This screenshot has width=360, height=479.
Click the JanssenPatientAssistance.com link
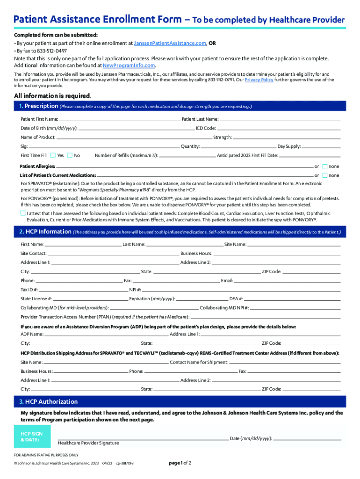pyautogui.click(x=170, y=43)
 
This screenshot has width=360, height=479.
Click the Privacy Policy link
pyautogui.click(x=259, y=80)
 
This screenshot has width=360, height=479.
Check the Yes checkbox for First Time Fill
pyautogui.click(x=53, y=155)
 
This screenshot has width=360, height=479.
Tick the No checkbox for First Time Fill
pyautogui.click(x=70, y=155)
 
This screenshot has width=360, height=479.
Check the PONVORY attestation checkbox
pyautogui.click(x=23, y=213)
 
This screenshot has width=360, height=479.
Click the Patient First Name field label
pyautogui.click(x=39, y=119)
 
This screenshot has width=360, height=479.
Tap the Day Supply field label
pyautogui.click(x=289, y=146)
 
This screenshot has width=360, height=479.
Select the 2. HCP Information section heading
pyautogui.click(x=45, y=232)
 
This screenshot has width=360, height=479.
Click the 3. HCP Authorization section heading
pyautogui.click(x=48, y=402)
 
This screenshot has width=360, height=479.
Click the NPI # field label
pyautogui.click(x=135, y=290)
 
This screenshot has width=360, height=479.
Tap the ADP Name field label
pyautogui.click(x=32, y=334)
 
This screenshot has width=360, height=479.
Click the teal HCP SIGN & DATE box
pyautogui.click(x=31, y=437)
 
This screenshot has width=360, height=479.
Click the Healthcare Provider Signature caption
pyautogui.click(x=88, y=443)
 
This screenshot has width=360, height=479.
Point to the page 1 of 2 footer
pyautogui.click(x=180, y=463)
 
